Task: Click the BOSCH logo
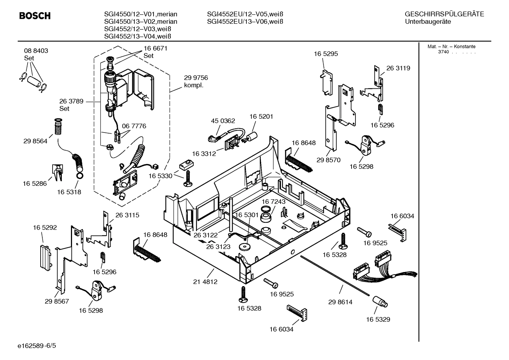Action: coord(35,16)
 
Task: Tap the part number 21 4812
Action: coord(205,282)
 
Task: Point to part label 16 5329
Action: coord(378,319)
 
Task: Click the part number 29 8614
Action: coord(340,302)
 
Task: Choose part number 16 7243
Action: coord(273,201)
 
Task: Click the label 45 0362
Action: coord(223,121)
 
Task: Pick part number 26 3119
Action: coord(398,68)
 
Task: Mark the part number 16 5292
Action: coord(45,228)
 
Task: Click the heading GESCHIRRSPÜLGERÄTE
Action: coord(444,14)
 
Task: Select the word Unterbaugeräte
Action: coord(428,22)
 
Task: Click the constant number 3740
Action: coord(443,52)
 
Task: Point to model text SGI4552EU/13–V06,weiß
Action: coord(245,22)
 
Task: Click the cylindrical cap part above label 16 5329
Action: coord(379,302)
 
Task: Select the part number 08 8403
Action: coord(36,51)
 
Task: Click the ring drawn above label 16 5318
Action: coord(80,176)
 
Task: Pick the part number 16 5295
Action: coord(326,54)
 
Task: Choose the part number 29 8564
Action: coord(35,141)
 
